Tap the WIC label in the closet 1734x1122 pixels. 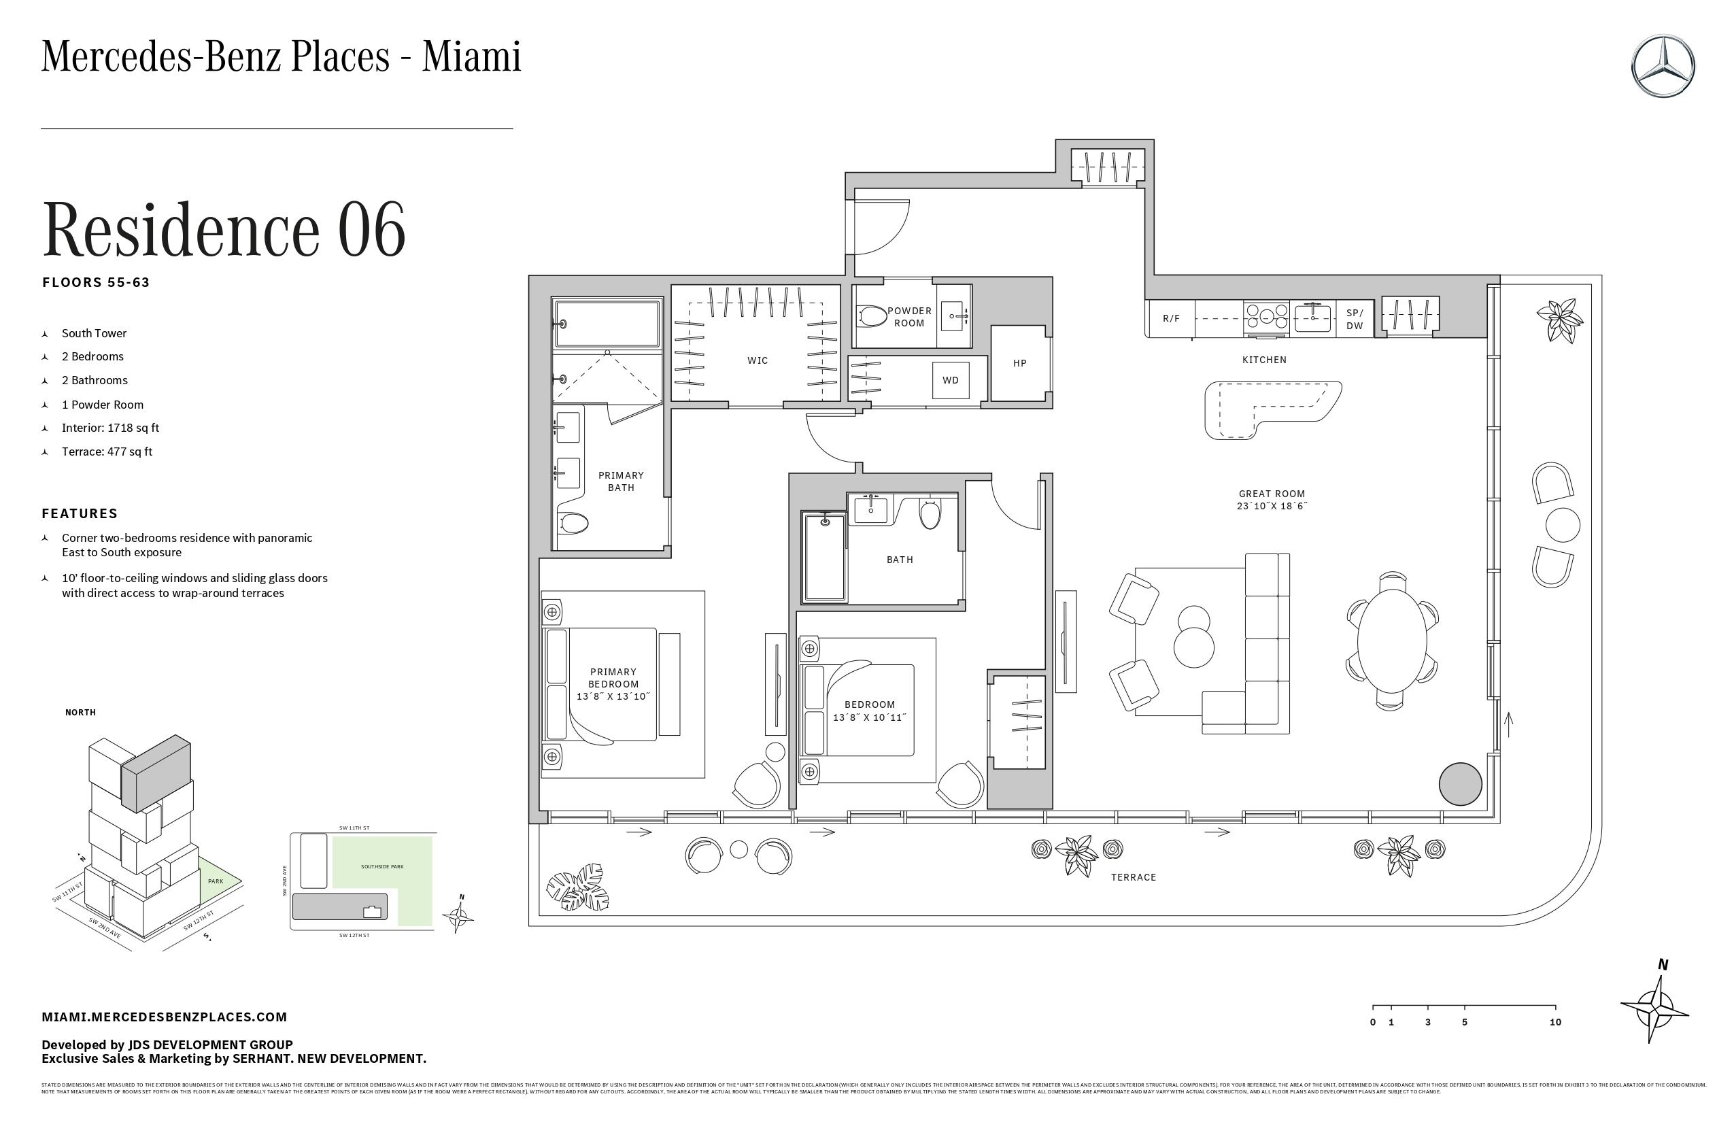pyautogui.click(x=757, y=360)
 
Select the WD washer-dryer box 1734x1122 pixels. pyautogui.click(x=950, y=380)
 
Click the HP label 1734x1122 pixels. pyautogui.click(x=1019, y=364)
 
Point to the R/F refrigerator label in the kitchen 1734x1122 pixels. pyautogui.click(x=1171, y=318)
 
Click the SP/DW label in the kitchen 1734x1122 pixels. pyautogui.click(x=1355, y=319)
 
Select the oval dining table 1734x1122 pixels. pyautogui.click(x=1391, y=641)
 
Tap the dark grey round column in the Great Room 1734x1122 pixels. pyautogui.click(x=1460, y=784)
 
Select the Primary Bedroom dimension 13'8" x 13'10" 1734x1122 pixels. pyautogui.click(x=613, y=696)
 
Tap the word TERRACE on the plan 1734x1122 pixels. pyautogui.click(x=1133, y=877)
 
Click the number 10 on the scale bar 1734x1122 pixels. pyautogui.click(x=1554, y=1022)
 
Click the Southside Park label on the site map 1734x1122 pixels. pyautogui.click(x=381, y=867)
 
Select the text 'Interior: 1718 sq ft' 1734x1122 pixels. pyautogui.click(x=110, y=428)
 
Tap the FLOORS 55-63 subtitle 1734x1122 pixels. pyautogui.click(x=95, y=283)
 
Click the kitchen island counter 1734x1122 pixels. pyautogui.click(x=1272, y=408)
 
